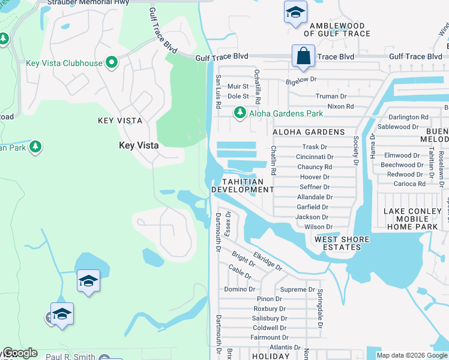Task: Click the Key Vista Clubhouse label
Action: [x=64, y=63]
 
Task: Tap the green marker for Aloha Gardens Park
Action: [x=240, y=113]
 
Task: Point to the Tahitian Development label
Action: [x=243, y=185]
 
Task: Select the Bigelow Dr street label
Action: [x=301, y=79]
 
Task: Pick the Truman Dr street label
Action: [x=331, y=96]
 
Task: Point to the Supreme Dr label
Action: [x=294, y=289]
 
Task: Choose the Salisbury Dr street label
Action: [x=270, y=318]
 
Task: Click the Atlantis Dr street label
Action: [x=285, y=347]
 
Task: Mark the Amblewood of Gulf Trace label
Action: [x=337, y=30]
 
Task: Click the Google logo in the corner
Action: [x=20, y=353]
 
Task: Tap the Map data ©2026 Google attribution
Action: [x=412, y=355]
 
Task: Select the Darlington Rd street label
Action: [x=408, y=117]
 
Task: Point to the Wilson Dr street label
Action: [x=318, y=227]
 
